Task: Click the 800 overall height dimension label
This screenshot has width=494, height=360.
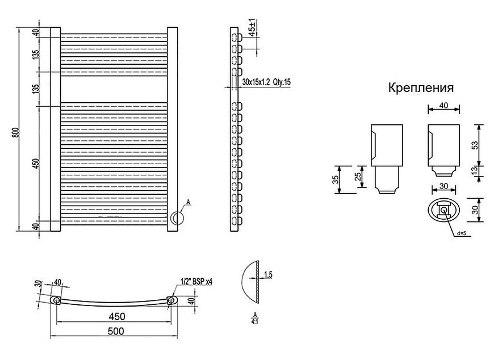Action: [17, 132]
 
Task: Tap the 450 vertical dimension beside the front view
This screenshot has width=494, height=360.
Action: [36, 163]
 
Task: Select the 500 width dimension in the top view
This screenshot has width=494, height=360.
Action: [116, 331]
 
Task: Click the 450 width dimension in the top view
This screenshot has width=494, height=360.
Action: [117, 316]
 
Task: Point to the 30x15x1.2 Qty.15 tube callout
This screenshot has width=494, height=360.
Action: [266, 82]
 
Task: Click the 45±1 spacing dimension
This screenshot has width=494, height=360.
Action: [252, 27]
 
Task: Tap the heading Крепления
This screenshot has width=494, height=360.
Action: [421, 87]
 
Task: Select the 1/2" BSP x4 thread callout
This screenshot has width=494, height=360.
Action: [196, 282]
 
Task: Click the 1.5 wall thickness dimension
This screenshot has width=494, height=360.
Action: [268, 275]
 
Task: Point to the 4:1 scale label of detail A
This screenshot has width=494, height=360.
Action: [254, 321]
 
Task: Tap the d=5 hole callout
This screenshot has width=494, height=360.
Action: [461, 233]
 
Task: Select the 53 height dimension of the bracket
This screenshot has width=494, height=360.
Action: [475, 145]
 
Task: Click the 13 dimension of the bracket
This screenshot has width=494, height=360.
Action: [475, 170]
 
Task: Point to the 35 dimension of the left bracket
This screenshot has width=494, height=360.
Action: [336, 179]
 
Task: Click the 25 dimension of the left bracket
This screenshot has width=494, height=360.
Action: [358, 177]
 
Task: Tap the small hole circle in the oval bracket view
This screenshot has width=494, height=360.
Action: [443, 210]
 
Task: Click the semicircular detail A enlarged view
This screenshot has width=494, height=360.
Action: [249, 282]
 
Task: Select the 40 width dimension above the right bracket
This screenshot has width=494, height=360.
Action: [443, 105]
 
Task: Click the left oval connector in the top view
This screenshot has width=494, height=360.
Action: [56, 300]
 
